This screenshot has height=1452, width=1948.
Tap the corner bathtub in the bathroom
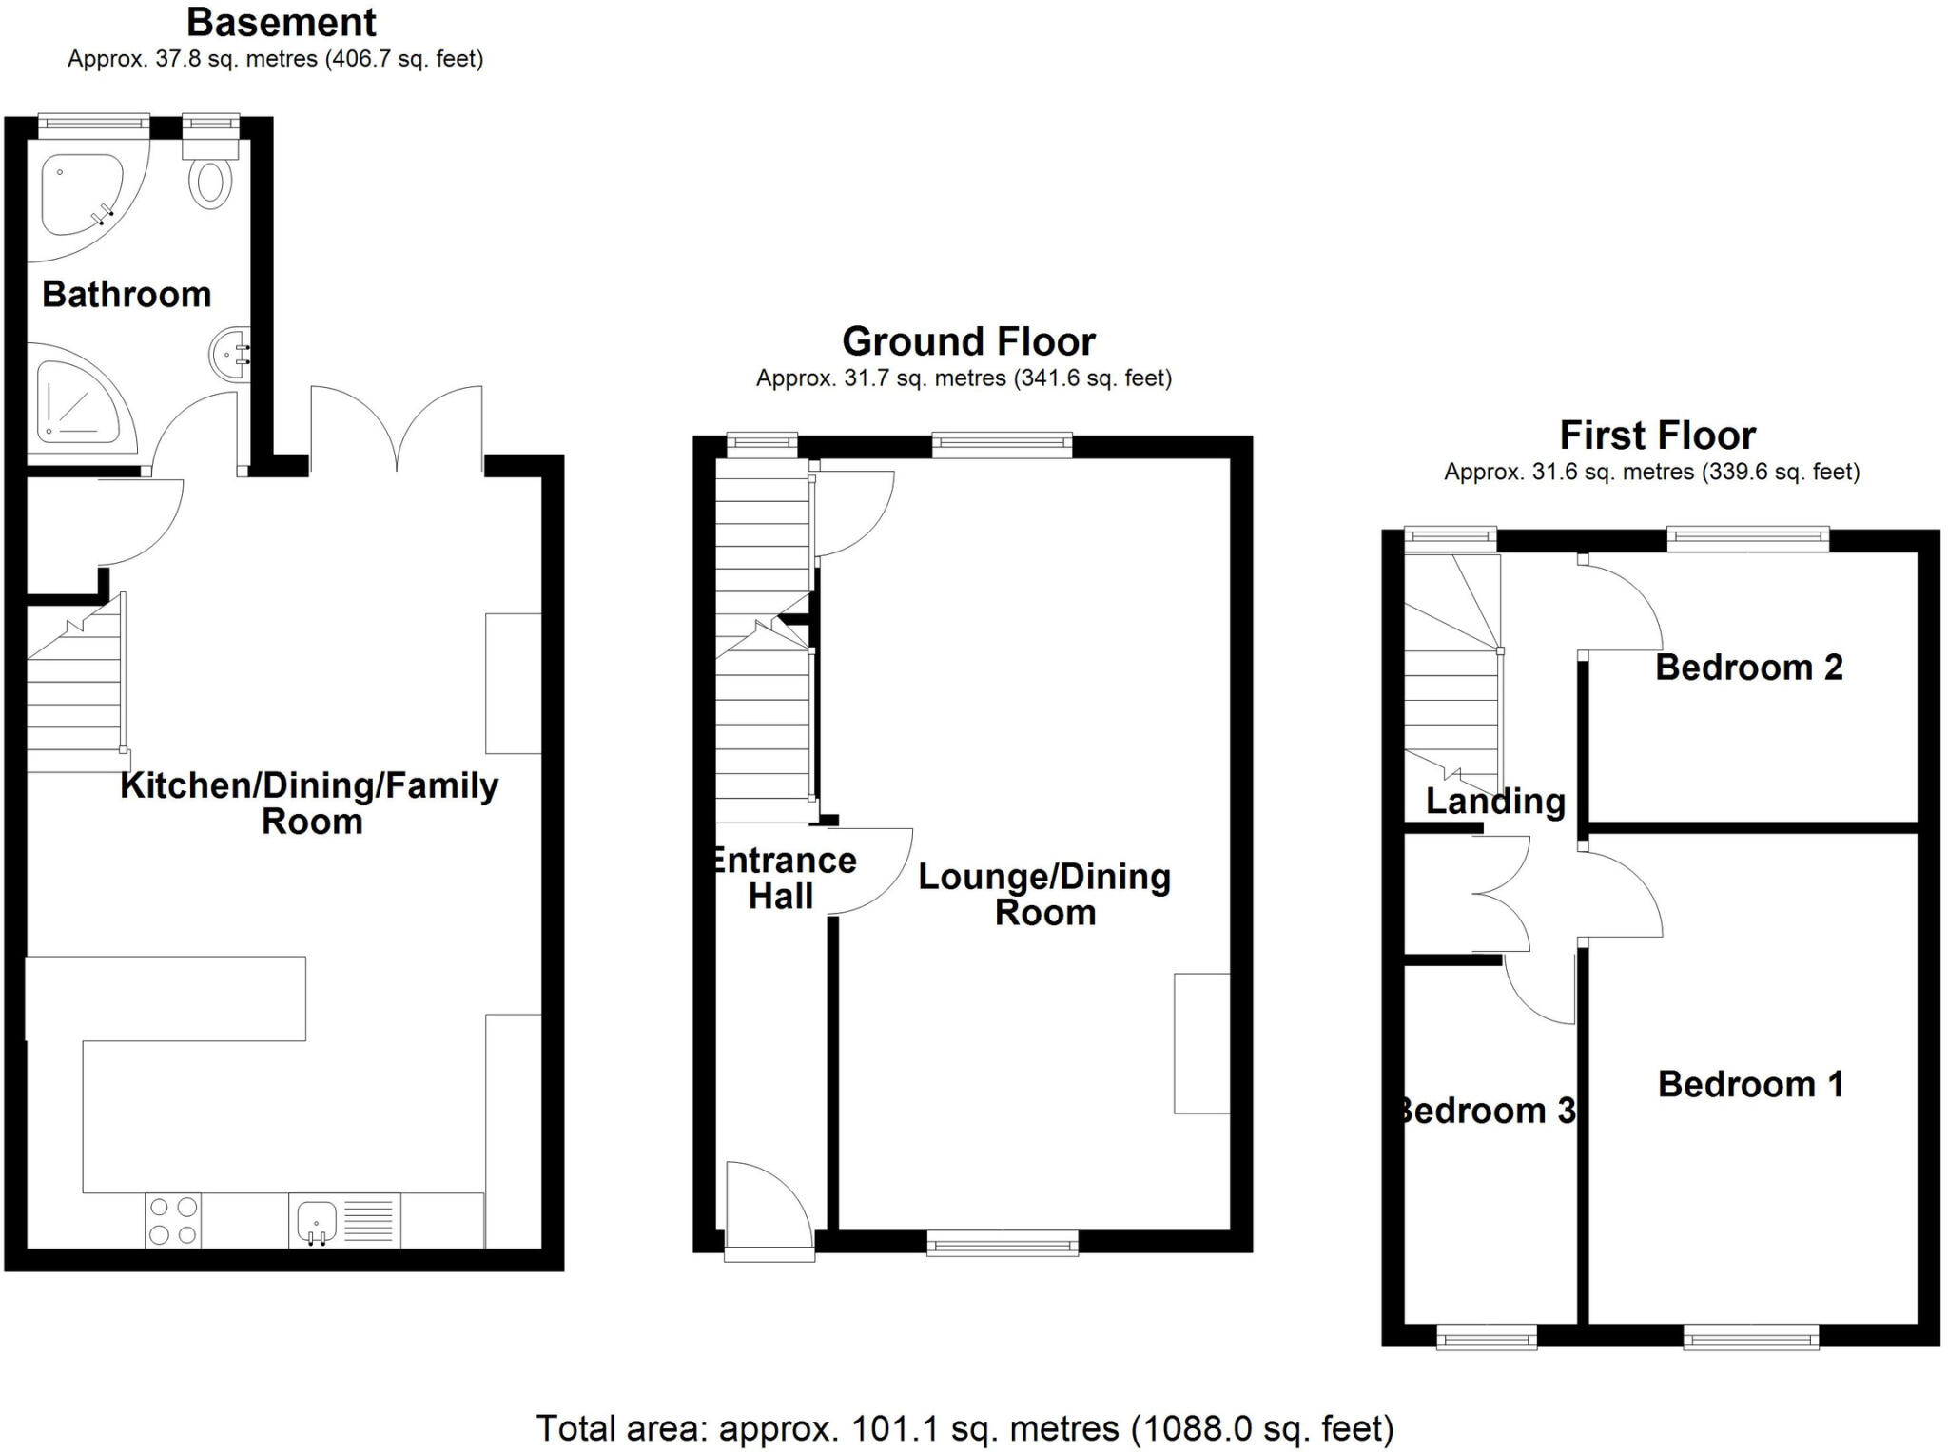[82, 195]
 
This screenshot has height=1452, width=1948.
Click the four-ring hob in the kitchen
[173, 1220]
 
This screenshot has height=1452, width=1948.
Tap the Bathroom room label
[127, 295]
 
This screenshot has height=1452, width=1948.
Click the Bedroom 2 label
[1748, 668]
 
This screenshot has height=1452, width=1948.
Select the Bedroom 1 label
[1750, 1084]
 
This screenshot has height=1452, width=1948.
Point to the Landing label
[1495, 801]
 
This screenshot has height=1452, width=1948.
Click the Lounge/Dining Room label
[1044, 894]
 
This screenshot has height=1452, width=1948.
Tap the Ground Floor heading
[968, 341]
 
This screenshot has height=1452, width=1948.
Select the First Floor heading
[1657, 436]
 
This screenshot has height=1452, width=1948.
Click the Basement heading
[282, 22]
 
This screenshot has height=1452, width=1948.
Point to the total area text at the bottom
[964, 1428]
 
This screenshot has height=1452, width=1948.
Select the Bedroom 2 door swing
[1622, 605]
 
